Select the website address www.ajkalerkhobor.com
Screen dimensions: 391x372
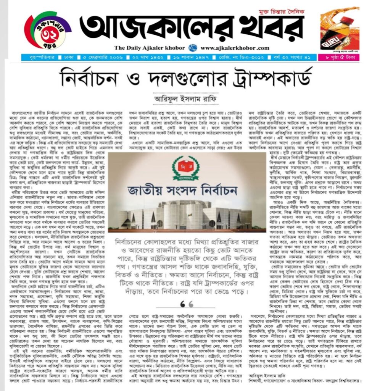(x=235, y=48)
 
